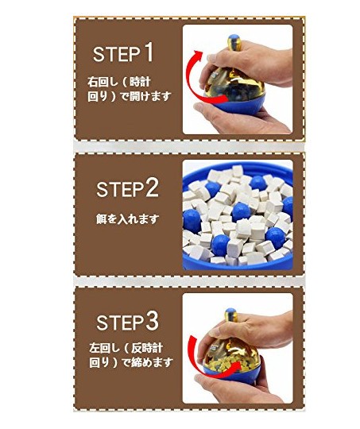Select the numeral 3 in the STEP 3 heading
(152, 321)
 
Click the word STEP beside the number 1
(117, 54)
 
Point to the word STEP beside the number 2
(120, 190)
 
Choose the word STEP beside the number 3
(120, 323)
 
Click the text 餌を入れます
(127, 219)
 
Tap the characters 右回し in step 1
(103, 82)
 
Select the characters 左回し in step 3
(105, 348)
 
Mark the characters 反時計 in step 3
(147, 348)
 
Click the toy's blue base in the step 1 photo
(235, 103)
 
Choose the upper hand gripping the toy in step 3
(254, 332)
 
